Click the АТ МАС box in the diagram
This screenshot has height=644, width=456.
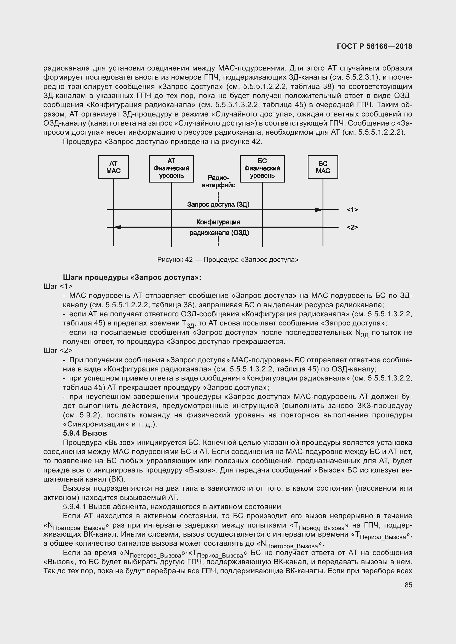(x=113, y=167)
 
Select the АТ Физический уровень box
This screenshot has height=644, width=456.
(x=171, y=169)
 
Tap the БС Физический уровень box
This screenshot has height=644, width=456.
(x=262, y=169)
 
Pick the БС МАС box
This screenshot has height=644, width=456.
(x=323, y=167)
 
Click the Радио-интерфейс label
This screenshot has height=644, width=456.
(x=218, y=181)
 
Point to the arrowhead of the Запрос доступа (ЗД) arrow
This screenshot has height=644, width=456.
(x=318, y=210)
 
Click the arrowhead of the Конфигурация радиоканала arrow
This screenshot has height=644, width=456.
(x=117, y=227)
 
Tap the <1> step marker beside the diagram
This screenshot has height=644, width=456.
(x=352, y=210)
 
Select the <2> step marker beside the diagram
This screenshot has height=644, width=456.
(x=352, y=227)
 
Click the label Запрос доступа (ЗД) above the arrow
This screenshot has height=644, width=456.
(x=218, y=205)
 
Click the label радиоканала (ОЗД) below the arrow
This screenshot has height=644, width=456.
(x=219, y=233)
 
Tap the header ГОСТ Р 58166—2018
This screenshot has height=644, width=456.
(x=374, y=47)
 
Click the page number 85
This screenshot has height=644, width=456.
(x=408, y=585)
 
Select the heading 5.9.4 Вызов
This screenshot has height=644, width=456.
(x=85, y=433)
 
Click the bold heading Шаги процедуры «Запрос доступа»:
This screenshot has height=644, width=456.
(x=132, y=278)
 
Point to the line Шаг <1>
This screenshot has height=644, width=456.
(x=58, y=286)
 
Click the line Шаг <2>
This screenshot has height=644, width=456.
(x=58, y=350)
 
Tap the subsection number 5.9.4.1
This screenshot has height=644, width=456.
(x=74, y=507)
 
